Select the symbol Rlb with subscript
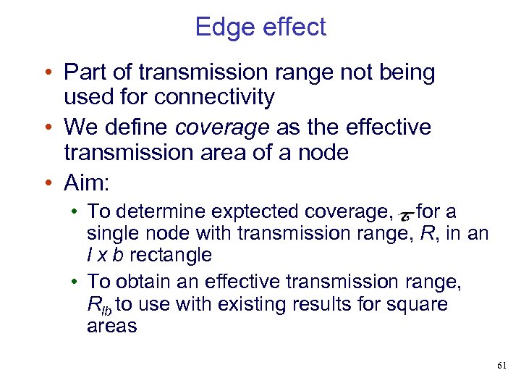click(x=98, y=306)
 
